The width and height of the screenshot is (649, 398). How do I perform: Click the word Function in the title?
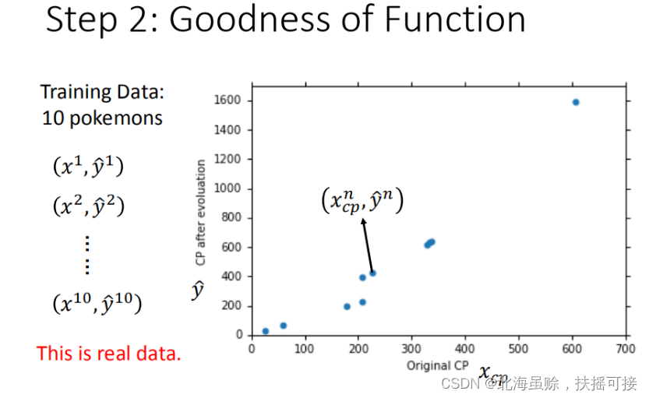click(455, 19)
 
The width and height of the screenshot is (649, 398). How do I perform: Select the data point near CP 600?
click(576, 102)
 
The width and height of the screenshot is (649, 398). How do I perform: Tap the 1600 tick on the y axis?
click(233, 101)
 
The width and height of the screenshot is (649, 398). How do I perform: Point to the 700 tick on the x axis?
click(625, 348)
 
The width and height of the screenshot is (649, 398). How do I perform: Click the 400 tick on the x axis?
click(465, 348)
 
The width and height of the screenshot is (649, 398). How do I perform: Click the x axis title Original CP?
click(438, 365)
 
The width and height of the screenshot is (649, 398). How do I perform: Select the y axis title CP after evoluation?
click(201, 212)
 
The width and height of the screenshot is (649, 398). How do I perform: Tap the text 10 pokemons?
click(102, 118)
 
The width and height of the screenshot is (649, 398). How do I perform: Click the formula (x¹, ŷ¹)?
click(88, 167)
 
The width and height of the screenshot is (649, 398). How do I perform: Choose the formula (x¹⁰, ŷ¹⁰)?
click(97, 303)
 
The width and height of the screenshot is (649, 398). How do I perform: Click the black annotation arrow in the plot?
click(367, 245)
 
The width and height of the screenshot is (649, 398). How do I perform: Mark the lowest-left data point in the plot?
click(266, 331)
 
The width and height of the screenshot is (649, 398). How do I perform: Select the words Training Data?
click(102, 93)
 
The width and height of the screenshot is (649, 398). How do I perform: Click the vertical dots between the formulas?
click(87, 255)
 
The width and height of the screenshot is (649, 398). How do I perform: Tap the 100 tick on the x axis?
click(305, 348)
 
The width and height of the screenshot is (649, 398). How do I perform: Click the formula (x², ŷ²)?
click(88, 206)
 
